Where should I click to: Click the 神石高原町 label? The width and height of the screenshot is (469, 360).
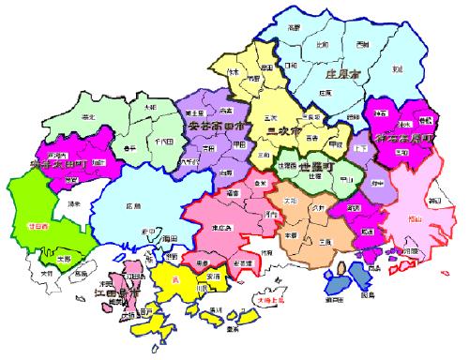coord(405,139)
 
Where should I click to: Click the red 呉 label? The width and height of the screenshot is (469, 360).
coord(174,278)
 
